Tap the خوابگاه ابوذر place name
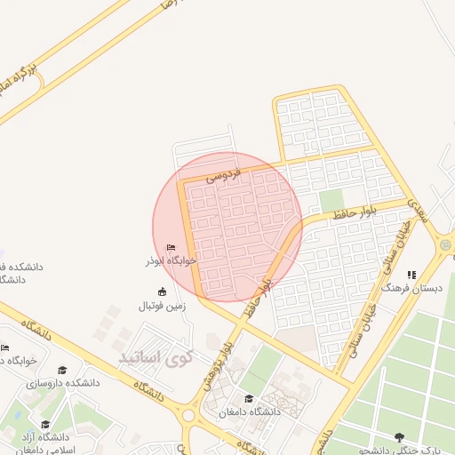172,261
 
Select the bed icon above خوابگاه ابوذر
172,248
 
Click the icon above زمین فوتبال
161,292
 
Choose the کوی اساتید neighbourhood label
156,358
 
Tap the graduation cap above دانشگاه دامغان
248,399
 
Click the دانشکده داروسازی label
62,383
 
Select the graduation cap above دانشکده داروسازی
61,370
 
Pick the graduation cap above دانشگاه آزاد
45,424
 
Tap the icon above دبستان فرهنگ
410,275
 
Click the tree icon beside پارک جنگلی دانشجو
399,436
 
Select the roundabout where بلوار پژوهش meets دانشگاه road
188,415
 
